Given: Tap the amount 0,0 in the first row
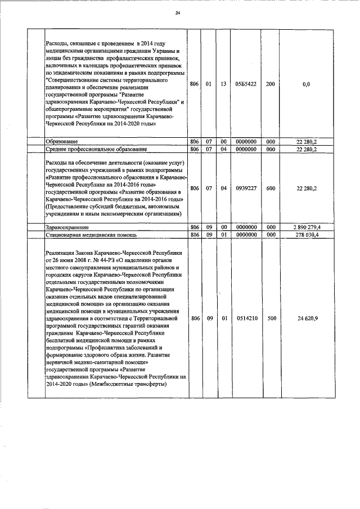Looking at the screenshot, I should (x=306, y=84).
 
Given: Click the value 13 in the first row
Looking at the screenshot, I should (x=223, y=84).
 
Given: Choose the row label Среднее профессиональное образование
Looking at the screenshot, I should (x=96, y=149).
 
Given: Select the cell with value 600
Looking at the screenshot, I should (x=271, y=188).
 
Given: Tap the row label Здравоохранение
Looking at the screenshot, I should (x=66, y=226).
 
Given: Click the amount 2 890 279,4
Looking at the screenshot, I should (x=306, y=226).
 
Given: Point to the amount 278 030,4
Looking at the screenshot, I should (x=306, y=235).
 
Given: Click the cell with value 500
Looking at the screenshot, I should (x=271, y=318).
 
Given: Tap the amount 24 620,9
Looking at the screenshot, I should (x=306, y=318).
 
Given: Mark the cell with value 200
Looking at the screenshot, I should (x=271, y=84).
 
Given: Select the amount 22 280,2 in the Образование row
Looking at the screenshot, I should (x=306, y=141).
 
